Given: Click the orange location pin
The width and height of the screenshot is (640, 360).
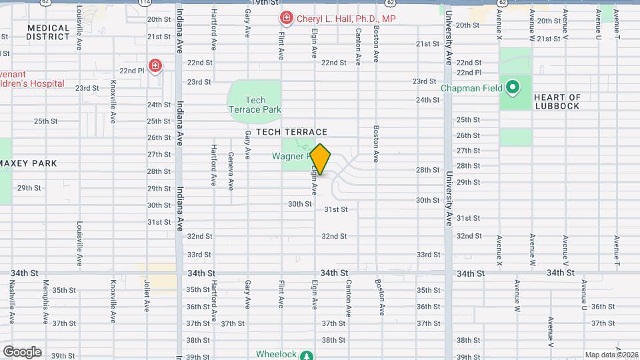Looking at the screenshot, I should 321,159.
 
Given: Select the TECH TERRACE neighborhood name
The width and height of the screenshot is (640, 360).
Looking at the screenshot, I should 291,133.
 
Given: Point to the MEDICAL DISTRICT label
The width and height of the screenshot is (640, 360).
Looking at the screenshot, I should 48,32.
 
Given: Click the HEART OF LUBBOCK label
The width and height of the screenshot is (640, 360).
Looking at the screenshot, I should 557,102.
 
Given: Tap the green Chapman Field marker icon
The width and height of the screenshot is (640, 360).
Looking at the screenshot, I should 513,87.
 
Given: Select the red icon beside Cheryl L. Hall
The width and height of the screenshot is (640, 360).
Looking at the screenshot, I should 286,18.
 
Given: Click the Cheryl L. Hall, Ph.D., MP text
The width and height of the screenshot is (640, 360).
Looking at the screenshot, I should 346,19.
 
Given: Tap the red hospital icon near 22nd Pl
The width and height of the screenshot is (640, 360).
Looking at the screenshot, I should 155,65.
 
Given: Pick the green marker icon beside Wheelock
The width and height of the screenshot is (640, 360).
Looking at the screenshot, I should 306,355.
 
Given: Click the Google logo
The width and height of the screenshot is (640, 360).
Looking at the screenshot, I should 22,352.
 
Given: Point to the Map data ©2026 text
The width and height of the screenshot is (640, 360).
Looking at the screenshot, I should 611,355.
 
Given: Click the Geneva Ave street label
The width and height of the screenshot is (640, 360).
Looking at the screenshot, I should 231,171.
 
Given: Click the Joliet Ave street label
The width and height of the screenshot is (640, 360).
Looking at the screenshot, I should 147,296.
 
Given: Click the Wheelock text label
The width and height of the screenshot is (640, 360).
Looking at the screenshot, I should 277,354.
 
